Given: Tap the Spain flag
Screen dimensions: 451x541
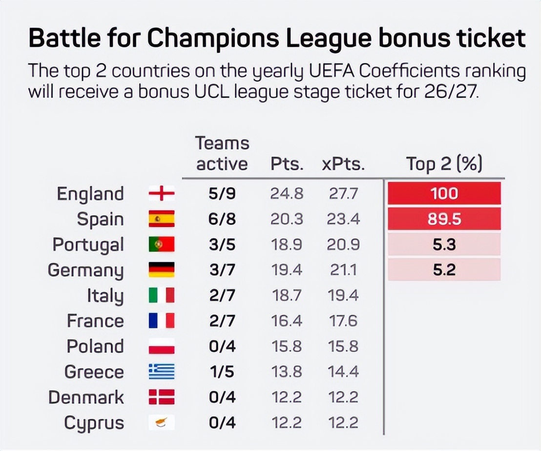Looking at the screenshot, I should (x=162, y=219).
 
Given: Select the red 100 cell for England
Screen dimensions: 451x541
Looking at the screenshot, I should (x=444, y=193).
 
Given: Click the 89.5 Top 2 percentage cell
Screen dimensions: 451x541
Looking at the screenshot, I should (x=444, y=219).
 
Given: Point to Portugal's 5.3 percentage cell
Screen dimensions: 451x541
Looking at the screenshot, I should (x=444, y=245).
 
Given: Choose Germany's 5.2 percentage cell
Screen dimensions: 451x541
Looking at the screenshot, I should (x=444, y=269).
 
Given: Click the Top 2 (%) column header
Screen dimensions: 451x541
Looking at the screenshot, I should (x=444, y=164).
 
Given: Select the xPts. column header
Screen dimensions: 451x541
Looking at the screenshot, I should (x=343, y=164).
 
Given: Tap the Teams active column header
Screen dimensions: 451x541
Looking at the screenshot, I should (x=222, y=154).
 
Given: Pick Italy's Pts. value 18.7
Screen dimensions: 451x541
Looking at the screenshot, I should (x=287, y=296).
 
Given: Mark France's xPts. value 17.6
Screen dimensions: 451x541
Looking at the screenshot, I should (x=343, y=321).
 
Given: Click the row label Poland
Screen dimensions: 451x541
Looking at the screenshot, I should (x=95, y=347).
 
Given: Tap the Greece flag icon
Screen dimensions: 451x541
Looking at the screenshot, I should (x=162, y=372).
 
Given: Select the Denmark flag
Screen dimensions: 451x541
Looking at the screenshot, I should (x=162, y=397).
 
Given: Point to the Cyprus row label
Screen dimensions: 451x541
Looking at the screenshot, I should (x=94, y=423).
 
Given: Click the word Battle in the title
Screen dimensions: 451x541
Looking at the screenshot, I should (x=60, y=39).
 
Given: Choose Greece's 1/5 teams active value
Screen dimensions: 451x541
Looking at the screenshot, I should (x=222, y=372).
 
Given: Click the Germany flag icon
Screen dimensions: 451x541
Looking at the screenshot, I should (x=162, y=270).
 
